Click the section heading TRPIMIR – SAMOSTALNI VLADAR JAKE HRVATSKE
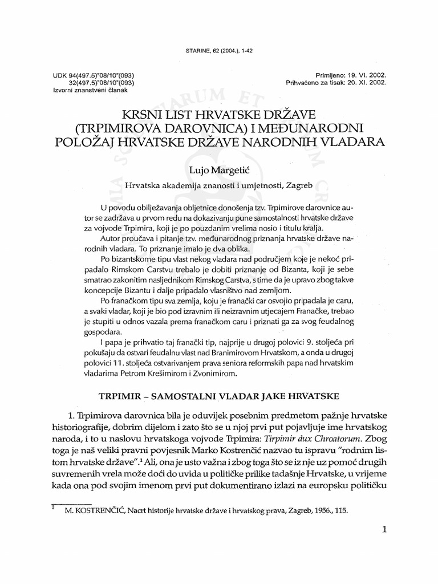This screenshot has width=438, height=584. (x=218, y=395)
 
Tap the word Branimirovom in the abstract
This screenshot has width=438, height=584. (x=230, y=353)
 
